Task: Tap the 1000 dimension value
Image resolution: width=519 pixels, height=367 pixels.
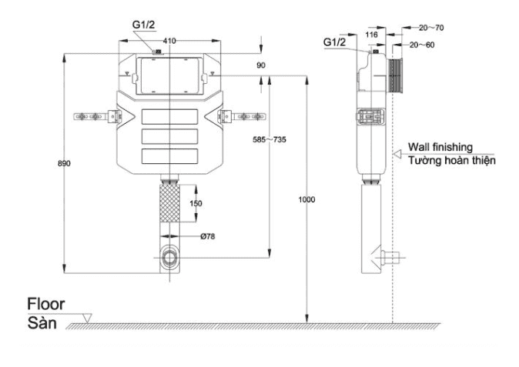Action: click(307, 199)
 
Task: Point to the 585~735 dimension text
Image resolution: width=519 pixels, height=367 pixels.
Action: click(270, 139)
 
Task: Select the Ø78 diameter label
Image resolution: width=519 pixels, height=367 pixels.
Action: click(207, 236)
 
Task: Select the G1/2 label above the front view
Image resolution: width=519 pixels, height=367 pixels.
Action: click(144, 25)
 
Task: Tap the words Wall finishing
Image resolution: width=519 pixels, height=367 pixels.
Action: click(440, 146)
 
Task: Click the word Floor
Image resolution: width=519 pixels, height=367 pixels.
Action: click(46, 304)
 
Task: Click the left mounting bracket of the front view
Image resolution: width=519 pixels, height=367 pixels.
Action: click(95, 117)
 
